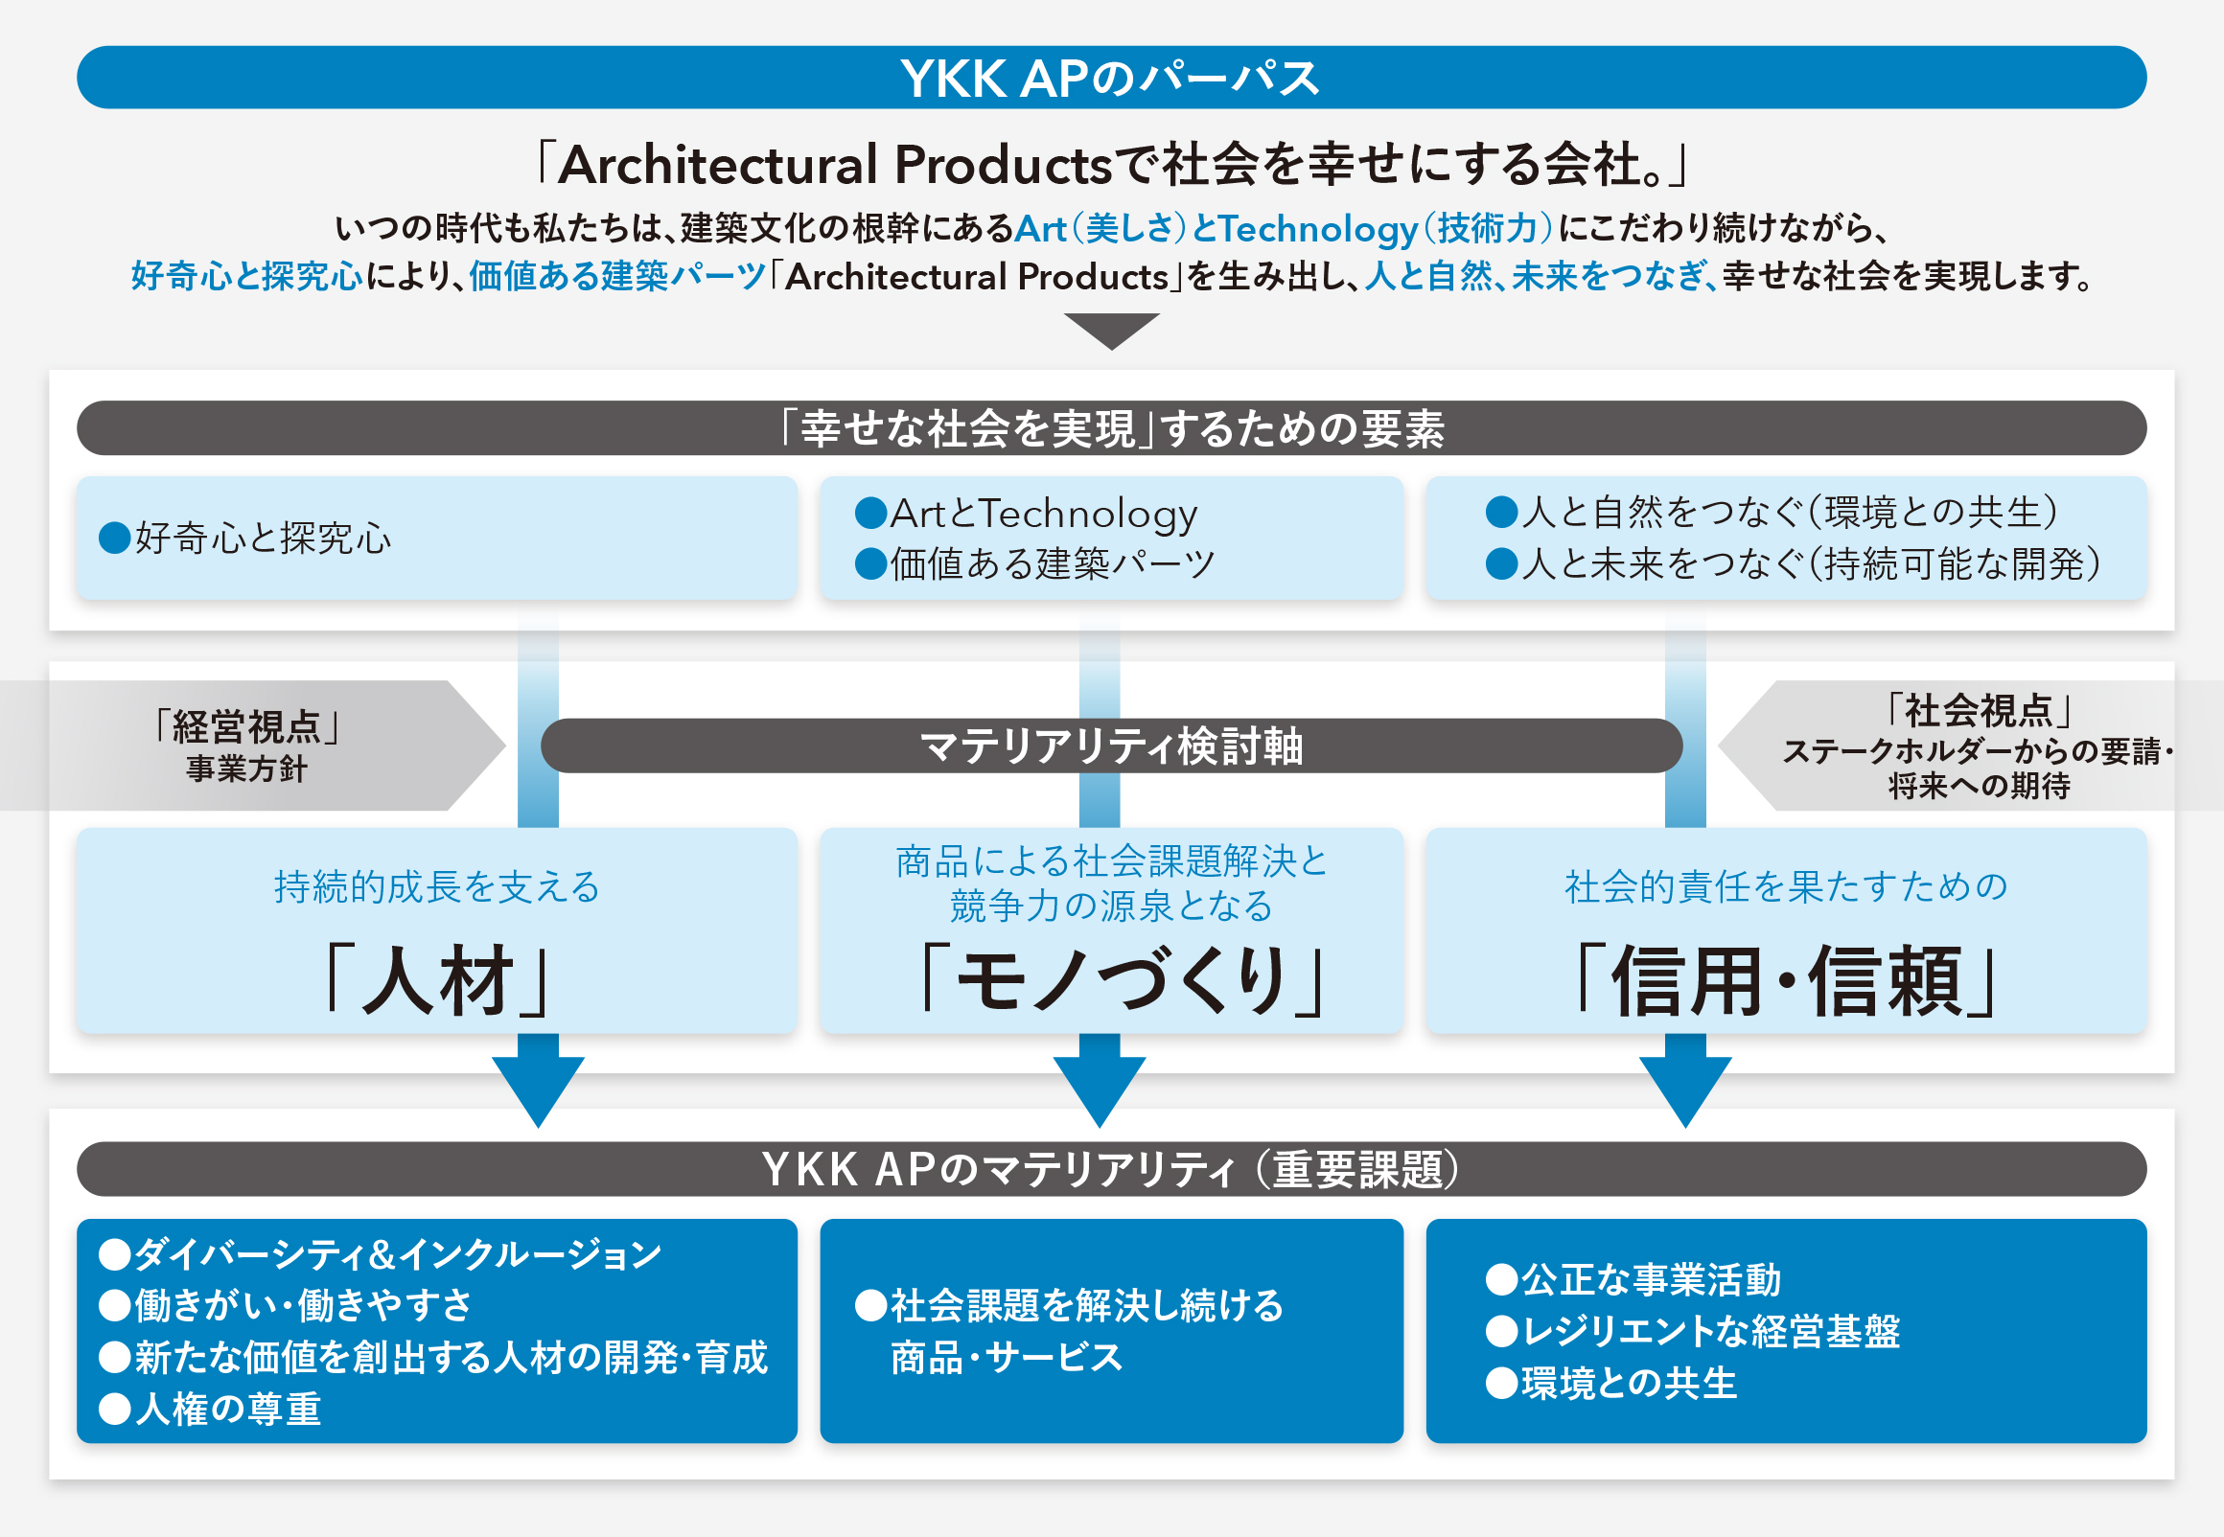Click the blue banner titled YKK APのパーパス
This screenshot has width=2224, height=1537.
point(1111,77)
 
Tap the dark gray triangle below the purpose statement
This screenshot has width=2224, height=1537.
point(1111,331)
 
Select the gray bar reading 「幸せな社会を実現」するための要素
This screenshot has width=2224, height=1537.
point(1111,427)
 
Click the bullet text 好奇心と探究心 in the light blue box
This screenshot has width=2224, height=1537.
point(245,538)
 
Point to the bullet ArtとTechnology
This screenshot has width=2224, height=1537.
point(1027,514)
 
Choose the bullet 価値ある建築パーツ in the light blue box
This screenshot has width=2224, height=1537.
point(1035,563)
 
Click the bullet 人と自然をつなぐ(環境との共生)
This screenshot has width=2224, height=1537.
point(1772,512)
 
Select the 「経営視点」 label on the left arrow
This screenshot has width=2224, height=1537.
point(246,726)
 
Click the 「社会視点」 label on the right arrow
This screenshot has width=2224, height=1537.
point(1979,711)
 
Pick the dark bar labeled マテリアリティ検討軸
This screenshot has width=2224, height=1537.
point(1111,746)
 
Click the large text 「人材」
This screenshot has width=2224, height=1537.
point(438,980)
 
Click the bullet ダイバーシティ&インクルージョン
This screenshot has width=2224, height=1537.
point(381,1254)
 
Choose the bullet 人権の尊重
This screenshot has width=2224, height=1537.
point(210,1409)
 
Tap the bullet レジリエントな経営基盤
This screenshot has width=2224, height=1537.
point(1693,1331)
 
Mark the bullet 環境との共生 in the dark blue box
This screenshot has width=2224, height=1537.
point(1611,1383)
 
